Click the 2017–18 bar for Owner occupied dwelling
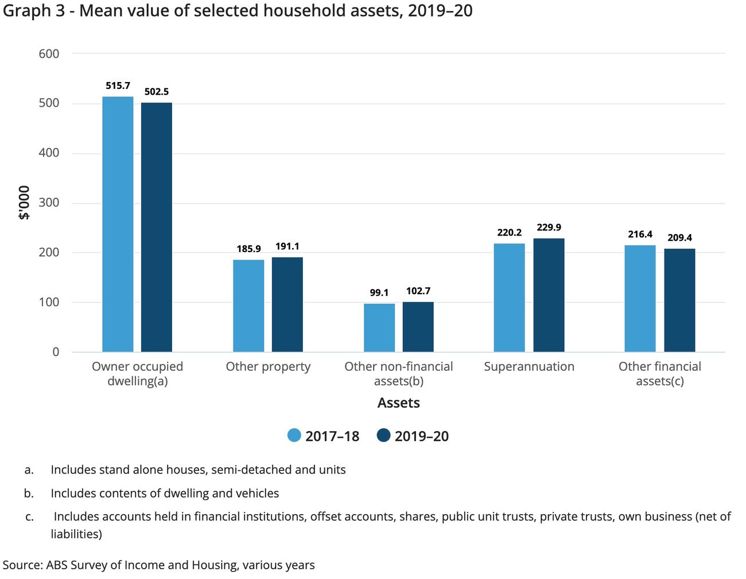[118, 224]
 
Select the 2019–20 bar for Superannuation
[549, 295]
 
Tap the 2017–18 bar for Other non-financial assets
[379, 327]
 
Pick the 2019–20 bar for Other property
[287, 304]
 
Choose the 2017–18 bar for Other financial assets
[640, 299]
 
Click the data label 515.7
[118, 86]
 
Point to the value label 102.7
[418, 291]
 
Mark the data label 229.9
[549, 228]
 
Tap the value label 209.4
[679, 238]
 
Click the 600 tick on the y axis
[49, 54]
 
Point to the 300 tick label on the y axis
[49, 203]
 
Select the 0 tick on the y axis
[56, 352]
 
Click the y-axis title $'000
[24, 203]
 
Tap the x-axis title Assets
[398, 403]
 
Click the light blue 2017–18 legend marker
[294, 436]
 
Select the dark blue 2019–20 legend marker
[383, 436]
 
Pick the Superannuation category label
[529, 367]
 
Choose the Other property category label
[268, 367]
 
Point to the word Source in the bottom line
[22, 565]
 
